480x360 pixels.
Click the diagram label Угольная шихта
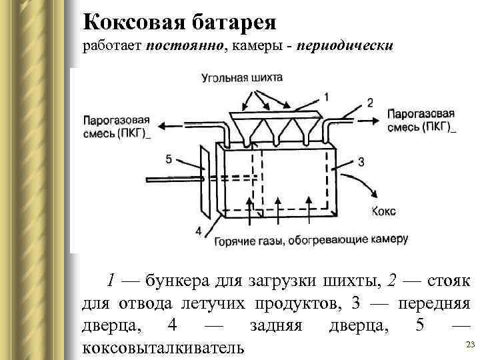point(241,78)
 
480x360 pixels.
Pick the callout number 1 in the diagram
point(326,95)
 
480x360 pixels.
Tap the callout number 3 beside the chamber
point(361,162)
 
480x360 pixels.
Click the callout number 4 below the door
point(198,231)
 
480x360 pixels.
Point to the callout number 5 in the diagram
point(169,159)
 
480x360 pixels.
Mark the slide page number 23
point(469,344)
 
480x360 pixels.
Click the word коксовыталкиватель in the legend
point(162,347)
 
